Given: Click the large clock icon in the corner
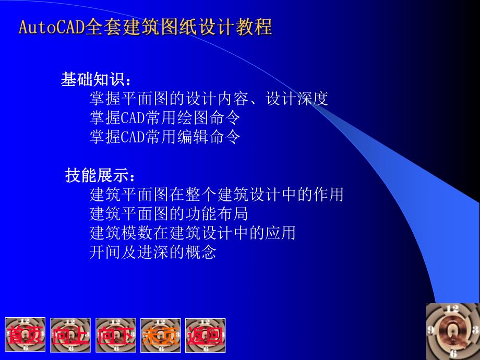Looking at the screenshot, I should tap(452, 331).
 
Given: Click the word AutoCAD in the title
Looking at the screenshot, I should tap(51, 27).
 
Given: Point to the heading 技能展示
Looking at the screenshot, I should tap(97, 176).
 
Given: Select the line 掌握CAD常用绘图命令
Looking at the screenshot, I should tap(165, 118).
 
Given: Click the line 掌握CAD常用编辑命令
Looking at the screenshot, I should tap(165, 137).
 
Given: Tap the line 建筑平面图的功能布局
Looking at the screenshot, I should tap(169, 214).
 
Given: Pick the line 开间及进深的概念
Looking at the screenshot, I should tap(153, 253).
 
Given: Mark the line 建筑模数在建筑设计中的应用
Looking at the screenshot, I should tap(193, 233).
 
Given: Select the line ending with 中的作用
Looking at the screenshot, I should tap(217, 195).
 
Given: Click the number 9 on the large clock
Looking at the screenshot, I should tap(431, 330).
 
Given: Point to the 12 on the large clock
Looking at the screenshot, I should tap(452, 309).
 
